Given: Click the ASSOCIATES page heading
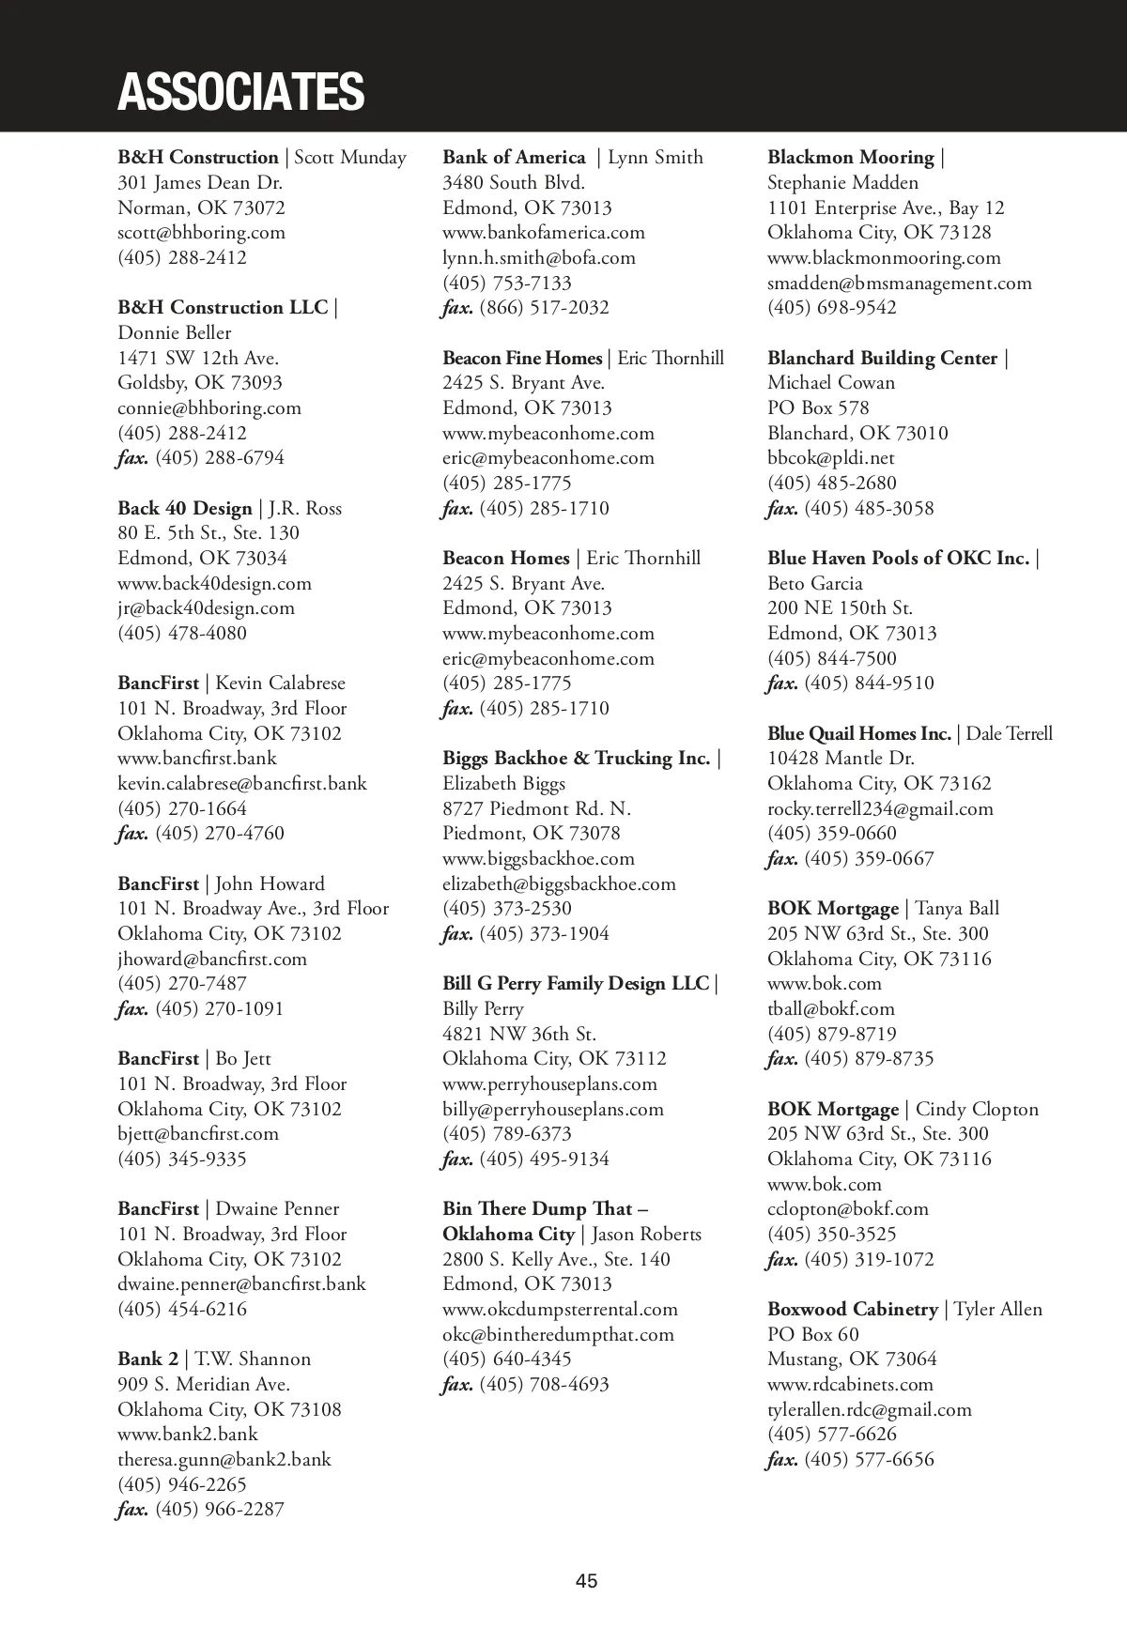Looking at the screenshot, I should (x=240, y=91).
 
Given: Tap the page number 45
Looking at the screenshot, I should (x=586, y=1581).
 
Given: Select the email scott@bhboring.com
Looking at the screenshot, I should (x=201, y=233).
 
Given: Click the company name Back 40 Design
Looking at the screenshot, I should (x=185, y=508).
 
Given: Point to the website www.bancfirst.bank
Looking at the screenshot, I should (x=197, y=759).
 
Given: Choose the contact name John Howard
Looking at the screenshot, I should (x=270, y=883).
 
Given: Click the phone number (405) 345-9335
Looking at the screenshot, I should (x=182, y=1159).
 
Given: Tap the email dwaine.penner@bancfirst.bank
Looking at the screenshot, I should (x=241, y=1284).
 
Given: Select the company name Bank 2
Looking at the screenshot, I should (x=147, y=1359).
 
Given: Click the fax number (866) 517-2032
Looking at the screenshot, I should (x=544, y=308).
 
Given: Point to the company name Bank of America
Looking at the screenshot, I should (x=514, y=158).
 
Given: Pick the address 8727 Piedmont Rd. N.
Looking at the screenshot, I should (x=536, y=808).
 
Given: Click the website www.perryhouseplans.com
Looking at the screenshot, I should (x=549, y=1083).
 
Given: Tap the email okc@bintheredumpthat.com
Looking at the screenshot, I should (x=558, y=1334).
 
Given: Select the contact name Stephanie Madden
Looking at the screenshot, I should (x=842, y=183).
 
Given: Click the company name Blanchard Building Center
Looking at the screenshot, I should (x=882, y=358).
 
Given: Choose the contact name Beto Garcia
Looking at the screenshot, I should (x=814, y=583).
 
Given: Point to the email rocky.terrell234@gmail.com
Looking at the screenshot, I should (x=880, y=808).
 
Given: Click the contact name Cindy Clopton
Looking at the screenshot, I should (x=977, y=1109).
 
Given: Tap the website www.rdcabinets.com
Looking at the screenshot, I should (x=850, y=1384).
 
